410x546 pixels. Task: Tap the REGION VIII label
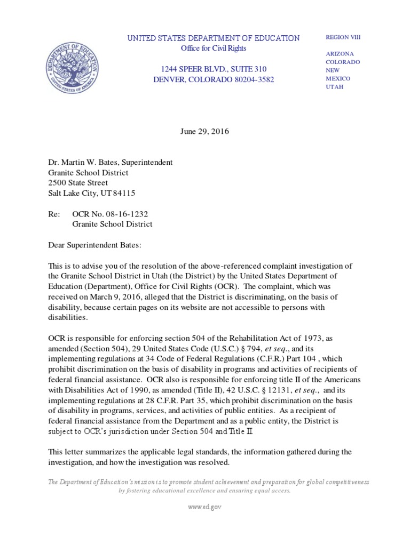click(343, 37)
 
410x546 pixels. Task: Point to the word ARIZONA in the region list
click(341, 54)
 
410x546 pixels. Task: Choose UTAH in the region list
click(334, 86)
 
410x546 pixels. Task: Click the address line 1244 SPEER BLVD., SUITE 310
click(208, 69)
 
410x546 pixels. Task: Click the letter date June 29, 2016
click(205, 132)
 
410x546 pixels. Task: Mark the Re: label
click(54, 214)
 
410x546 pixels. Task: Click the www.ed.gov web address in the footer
click(204, 507)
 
